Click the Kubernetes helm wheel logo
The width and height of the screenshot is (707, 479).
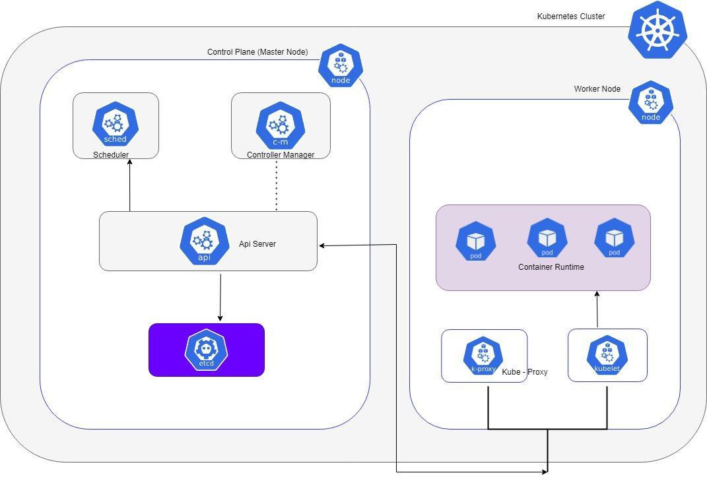point(657,30)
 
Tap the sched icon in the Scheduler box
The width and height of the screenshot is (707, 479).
point(116,123)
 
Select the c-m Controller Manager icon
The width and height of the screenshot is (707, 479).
point(281,125)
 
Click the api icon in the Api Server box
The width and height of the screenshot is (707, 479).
point(205,241)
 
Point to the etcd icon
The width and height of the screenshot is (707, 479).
point(207,349)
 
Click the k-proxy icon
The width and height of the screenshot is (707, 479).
point(483,356)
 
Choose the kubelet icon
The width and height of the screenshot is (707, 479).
point(607,356)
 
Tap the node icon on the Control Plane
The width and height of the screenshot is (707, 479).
point(341,66)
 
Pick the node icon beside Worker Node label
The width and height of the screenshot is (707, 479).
point(651,103)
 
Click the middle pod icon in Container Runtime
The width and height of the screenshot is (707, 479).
point(547,239)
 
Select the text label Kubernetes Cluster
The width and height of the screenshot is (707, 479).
point(571,16)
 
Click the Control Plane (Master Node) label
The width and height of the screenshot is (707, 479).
point(257,52)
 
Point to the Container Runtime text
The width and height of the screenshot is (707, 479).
point(551,267)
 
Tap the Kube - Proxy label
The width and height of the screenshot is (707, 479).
point(525,372)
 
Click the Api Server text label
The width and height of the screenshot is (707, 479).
point(257,244)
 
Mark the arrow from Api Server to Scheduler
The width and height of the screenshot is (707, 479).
point(130,185)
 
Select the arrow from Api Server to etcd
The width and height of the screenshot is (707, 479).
point(220,297)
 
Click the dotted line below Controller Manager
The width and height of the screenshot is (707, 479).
point(277,185)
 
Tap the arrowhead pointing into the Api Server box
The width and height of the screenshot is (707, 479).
point(323,245)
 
